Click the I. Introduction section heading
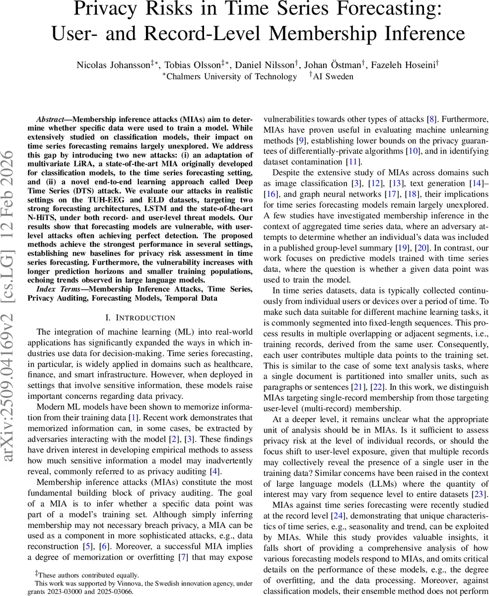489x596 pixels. click(x=140, y=317)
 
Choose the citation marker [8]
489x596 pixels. click(x=432, y=120)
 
